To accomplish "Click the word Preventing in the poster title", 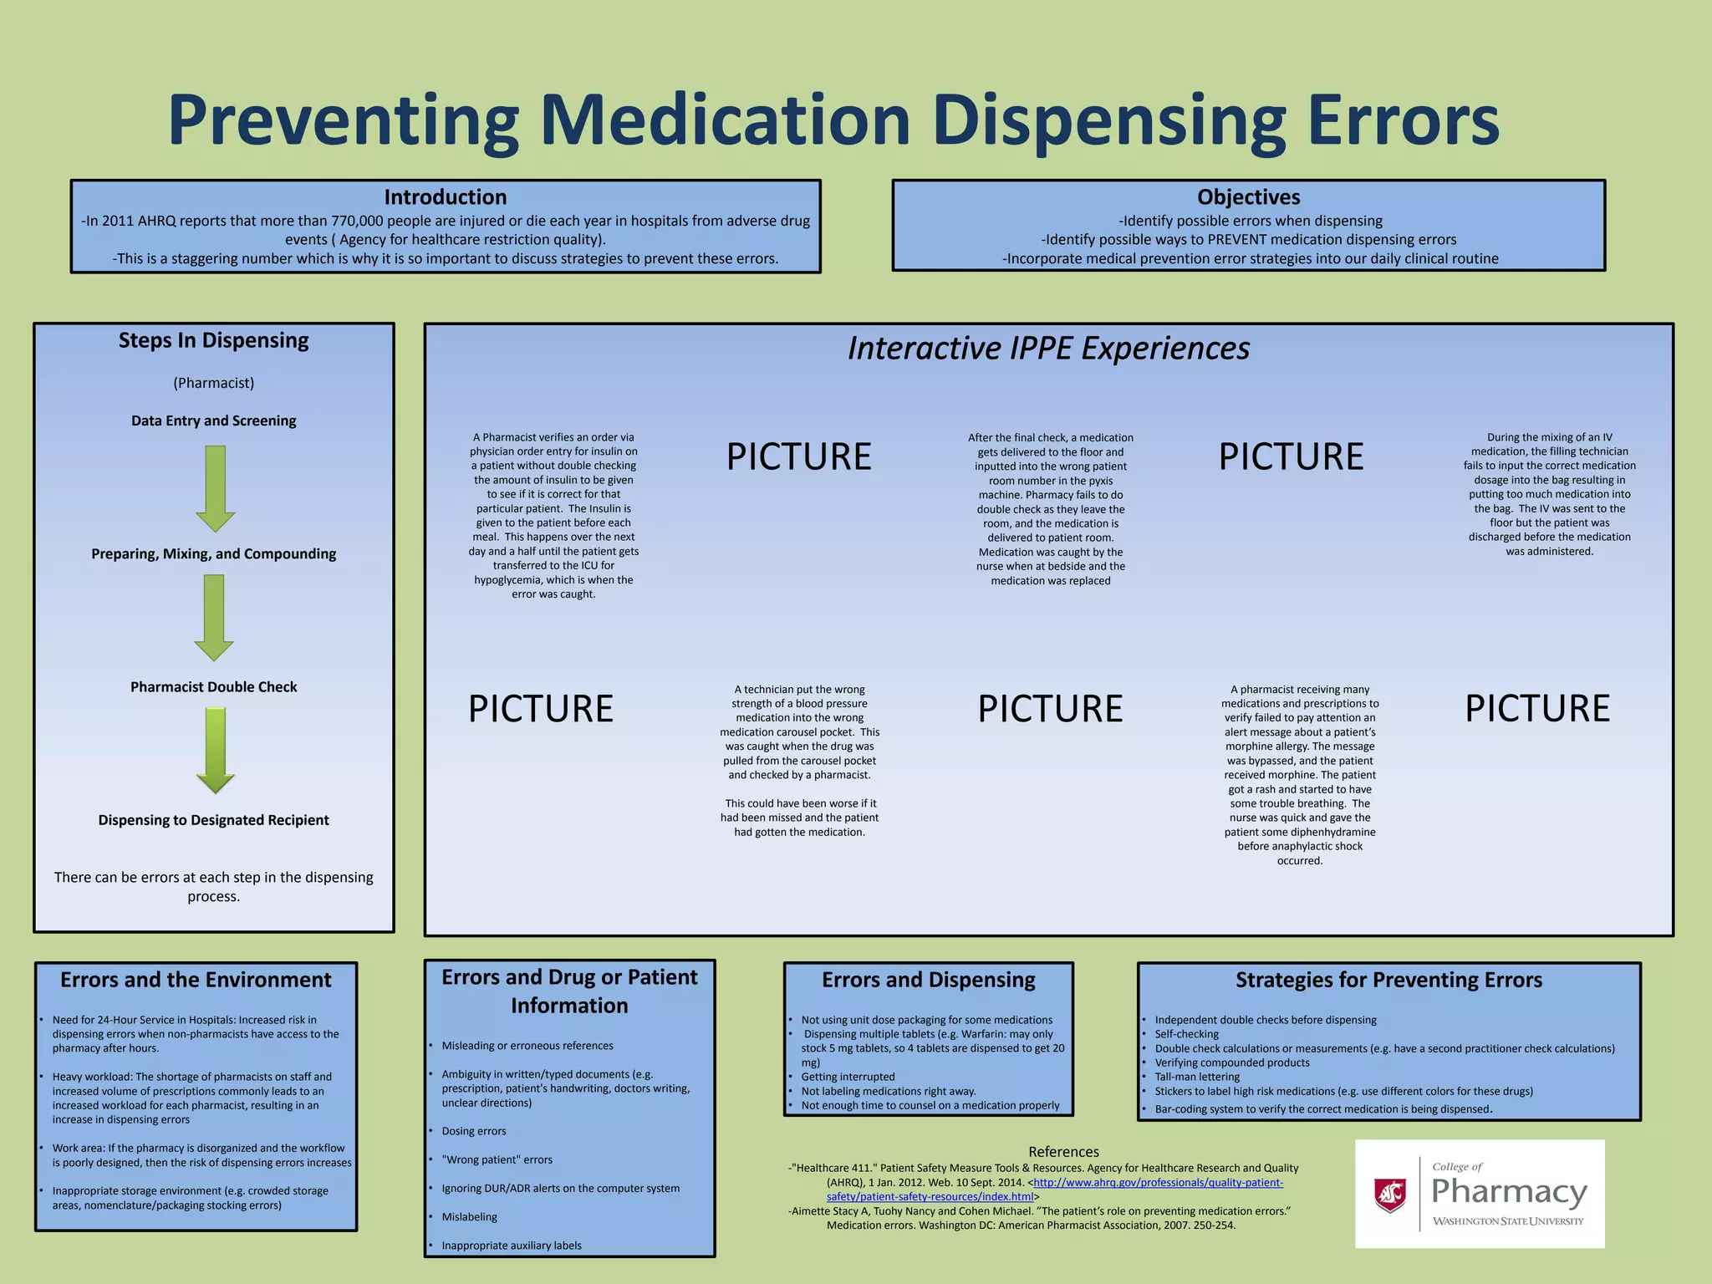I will point(343,121).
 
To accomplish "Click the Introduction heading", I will point(445,197).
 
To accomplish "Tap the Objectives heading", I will point(1248,197).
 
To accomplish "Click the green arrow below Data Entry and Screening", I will point(215,488).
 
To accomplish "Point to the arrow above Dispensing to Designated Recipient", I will point(215,750).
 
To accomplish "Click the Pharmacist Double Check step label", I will point(213,687).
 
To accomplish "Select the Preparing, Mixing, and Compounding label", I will point(213,553).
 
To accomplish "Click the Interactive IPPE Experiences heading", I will point(1048,348).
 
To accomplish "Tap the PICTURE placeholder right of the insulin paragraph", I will point(798,456).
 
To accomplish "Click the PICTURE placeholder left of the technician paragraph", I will point(540,709).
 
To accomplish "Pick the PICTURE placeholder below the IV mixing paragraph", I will point(1536,708).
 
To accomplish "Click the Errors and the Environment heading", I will point(196,980).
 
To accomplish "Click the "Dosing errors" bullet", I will point(474,1131).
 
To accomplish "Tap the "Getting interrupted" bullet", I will point(848,1077).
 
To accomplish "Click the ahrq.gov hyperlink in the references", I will point(1157,1183).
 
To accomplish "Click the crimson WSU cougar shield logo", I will point(1389,1195).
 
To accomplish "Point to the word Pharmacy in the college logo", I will point(1509,1192).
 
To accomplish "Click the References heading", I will point(1063,1152).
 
